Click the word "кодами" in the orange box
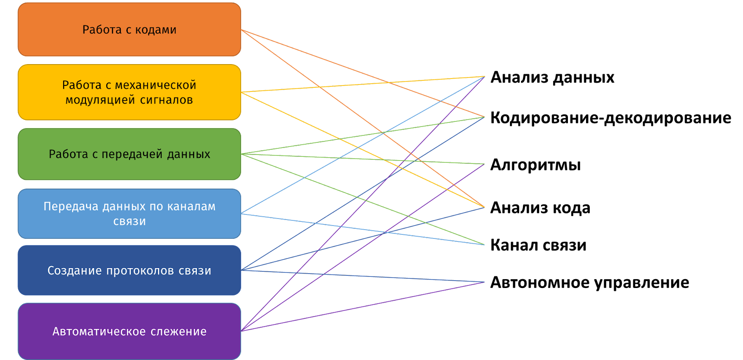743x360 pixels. coord(156,30)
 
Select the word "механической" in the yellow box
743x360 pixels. coord(156,85)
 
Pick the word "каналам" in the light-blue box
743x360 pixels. coord(191,206)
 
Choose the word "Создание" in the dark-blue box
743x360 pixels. coord(75,271)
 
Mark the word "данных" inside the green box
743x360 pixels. coord(189,154)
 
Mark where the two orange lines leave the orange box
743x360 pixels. coord(241,30)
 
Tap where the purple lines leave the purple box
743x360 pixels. coord(241,331)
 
